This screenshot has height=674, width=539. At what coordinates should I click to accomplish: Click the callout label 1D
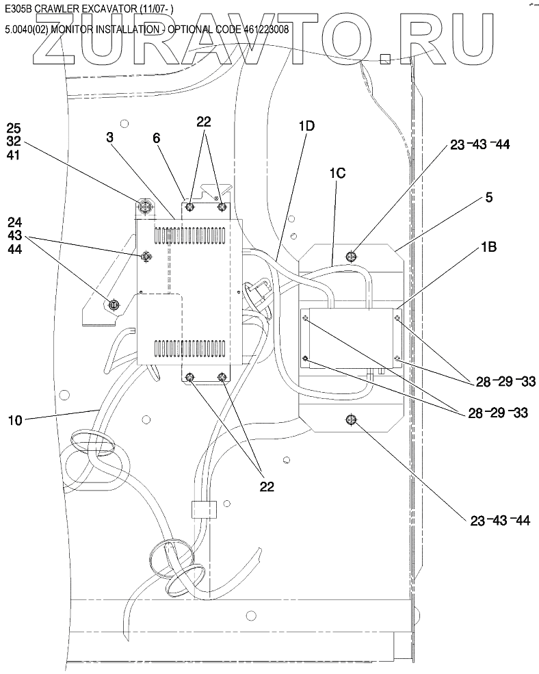tap(306, 127)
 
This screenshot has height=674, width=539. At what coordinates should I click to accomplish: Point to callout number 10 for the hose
tap(14, 419)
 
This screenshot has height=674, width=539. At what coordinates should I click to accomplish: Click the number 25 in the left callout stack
tap(14, 127)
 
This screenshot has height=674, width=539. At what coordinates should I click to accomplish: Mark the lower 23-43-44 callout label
tap(500, 521)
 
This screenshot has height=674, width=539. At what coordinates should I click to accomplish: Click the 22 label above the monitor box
tap(204, 122)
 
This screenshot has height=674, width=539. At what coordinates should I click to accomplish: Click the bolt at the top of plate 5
tap(351, 257)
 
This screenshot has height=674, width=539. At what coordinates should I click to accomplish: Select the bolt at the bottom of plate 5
tap(351, 419)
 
